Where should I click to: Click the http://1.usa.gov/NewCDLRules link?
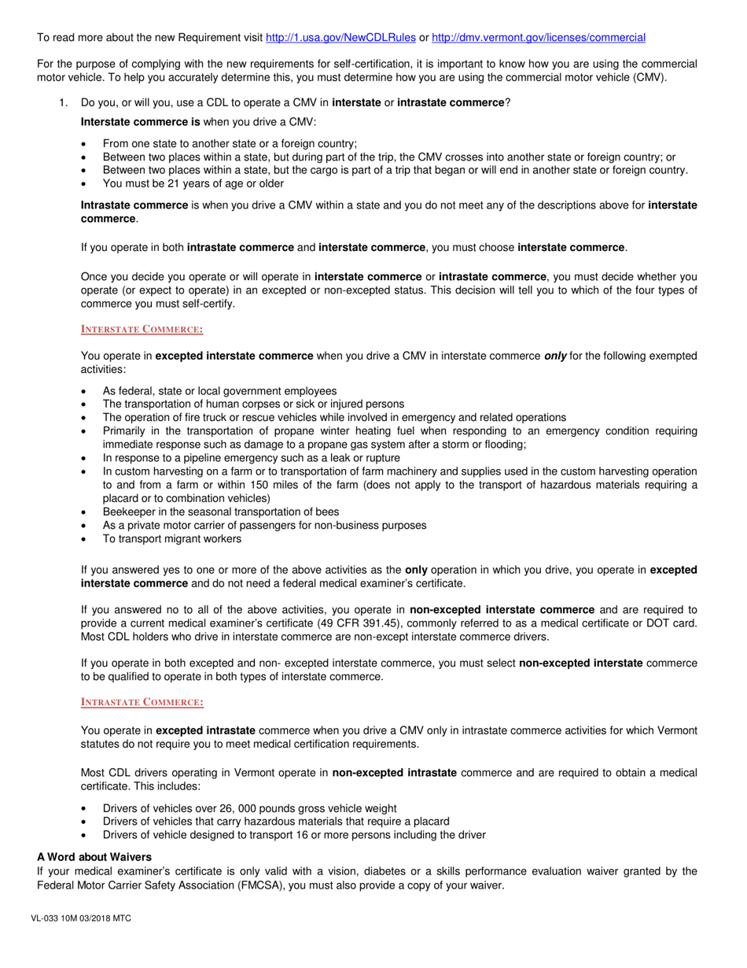click(x=340, y=37)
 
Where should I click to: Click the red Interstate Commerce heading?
click(x=142, y=329)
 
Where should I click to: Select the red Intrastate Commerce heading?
click(x=142, y=702)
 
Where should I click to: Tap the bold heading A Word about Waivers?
click(x=94, y=856)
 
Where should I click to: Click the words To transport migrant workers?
click(x=172, y=539)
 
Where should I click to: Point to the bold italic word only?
click(x=555, y=356)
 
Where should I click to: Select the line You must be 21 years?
click(x=193, y=183)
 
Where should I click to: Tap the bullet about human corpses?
click(x=253, y=404)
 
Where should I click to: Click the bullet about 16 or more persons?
click(x=294, y=835)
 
